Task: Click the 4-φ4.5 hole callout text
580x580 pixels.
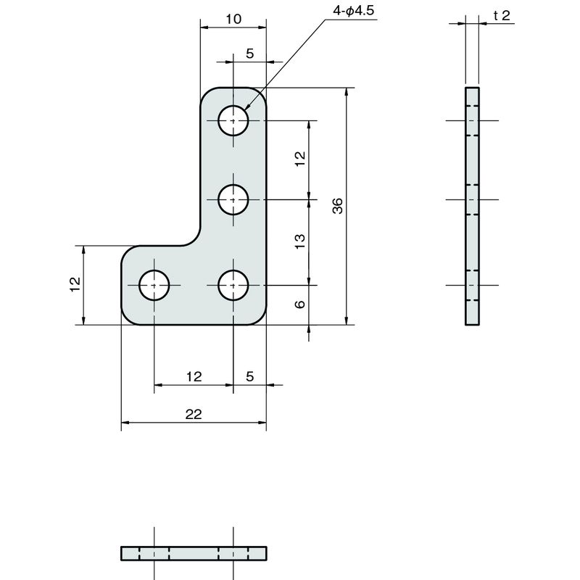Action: click(x=354, y=10)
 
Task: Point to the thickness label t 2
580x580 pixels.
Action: click(x=502, y=15)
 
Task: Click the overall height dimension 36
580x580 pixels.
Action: click(x=337, y=206)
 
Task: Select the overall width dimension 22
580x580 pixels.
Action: click(x=194, y=414)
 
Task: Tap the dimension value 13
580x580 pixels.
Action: click(x=300, y=241)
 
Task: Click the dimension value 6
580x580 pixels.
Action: click(x=300, y=304)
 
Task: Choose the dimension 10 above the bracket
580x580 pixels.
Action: click(x=233, y=19)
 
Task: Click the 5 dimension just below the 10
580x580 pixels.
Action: click(x=250, y=54)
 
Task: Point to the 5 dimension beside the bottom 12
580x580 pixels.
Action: click(x=250, y=376)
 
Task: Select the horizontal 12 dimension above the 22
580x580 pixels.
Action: click(x=194, y=376)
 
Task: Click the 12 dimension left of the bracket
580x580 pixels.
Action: click(x=75, y=284)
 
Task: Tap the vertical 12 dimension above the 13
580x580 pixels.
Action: click(x=300, y=159)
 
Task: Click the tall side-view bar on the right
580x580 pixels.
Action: click(x=472, y=207)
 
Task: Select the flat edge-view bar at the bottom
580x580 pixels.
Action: click(x=194, y=553)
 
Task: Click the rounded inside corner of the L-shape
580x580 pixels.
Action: click(x=195, y=240)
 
